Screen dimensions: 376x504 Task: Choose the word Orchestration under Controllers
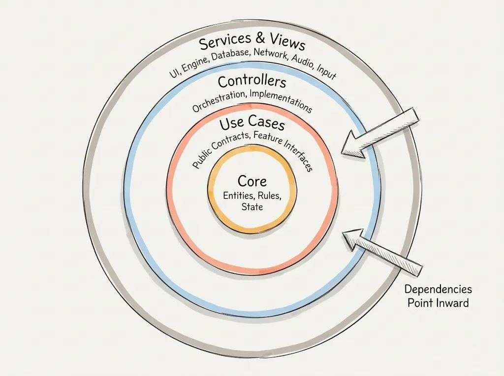click(x=220, y=100)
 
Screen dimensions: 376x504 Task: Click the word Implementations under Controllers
click(x=282, y=100)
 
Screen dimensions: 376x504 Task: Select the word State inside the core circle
click(x=252, y=207)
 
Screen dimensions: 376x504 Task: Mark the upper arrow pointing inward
click(x=379, y=133)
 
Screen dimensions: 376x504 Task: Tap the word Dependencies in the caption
click(x=438, y=289)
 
